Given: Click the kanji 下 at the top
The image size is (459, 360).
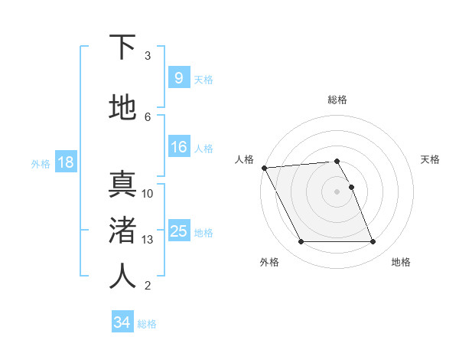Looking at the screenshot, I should tap(122, 47).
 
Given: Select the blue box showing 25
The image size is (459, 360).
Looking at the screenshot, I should tap(178, 231).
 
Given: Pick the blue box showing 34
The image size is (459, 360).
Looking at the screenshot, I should tap(122, 322).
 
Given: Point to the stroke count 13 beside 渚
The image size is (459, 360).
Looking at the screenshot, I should tap(148, 240).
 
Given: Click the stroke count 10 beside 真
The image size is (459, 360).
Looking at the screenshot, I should tap(148, 194).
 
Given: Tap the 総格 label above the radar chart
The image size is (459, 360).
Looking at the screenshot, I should tap(337, 100).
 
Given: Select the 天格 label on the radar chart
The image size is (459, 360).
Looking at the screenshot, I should tap(430, 159).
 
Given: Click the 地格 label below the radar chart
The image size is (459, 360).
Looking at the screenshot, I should tap(401, 263).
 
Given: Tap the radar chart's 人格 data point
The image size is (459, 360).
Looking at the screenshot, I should tap(264, 168).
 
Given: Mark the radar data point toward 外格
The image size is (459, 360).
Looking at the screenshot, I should tap(301, 242).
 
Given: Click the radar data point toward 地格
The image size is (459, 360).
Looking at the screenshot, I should tap(373, 242).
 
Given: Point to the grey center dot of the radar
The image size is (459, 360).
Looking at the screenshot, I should tap(337, 191).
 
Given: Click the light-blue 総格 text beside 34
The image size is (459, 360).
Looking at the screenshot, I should tap(147, 324).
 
